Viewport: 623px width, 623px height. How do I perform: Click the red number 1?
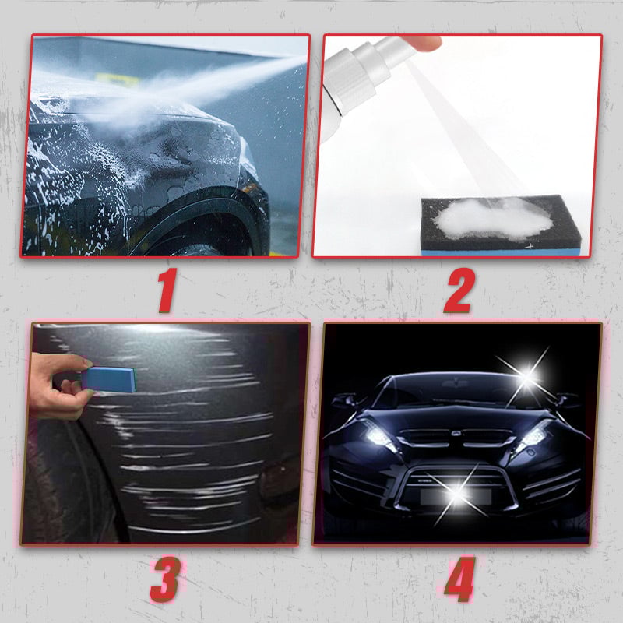click(167, 290)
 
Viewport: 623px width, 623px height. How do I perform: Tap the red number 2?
click(459, 290)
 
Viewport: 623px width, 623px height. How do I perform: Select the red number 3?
click(165, 579)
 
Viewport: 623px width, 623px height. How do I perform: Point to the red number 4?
click(460, 579)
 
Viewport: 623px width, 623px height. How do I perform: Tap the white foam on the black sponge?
click(494, 220)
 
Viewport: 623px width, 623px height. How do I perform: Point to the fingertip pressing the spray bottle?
click(422, 42)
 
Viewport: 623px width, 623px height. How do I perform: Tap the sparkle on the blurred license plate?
click(457, 494)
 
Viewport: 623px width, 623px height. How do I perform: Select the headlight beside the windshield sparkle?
click(533, 436)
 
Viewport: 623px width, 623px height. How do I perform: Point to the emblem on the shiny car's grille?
click(456, 434)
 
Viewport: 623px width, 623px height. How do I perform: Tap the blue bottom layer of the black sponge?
click(502, 252)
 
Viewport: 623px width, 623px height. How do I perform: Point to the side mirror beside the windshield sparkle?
click(569, 399)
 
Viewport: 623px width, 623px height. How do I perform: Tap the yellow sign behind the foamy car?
click(118, 79)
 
